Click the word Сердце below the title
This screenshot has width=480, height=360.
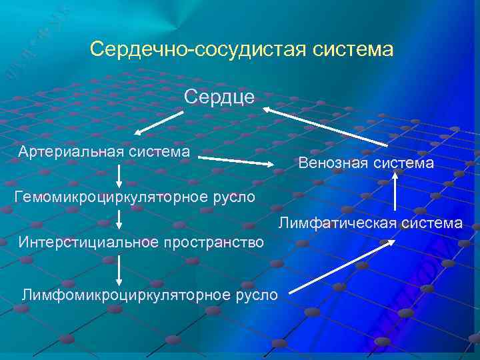point(219,97)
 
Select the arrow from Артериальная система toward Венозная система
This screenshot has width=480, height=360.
point(237,161)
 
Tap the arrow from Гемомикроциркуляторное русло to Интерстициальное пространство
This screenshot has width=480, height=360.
point(119,219)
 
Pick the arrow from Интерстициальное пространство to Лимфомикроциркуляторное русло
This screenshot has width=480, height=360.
point(119,270)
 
